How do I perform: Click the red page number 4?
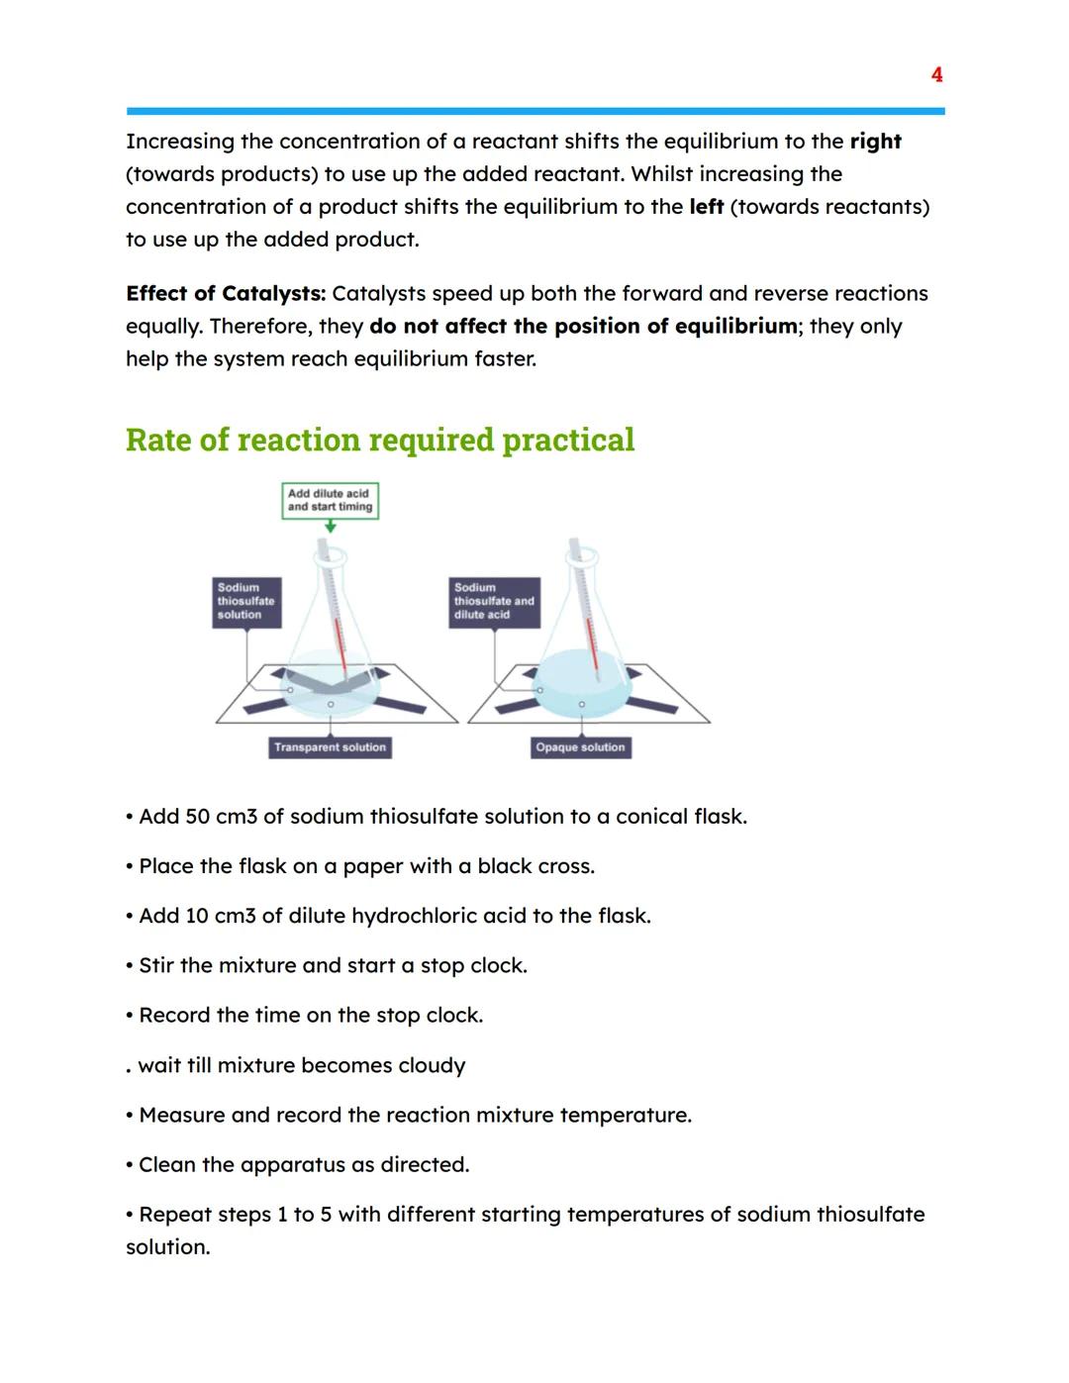[x=936, y=75]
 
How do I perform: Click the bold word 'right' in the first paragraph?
[x=875, y=142]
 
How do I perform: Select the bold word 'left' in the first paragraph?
[x=706, y=207]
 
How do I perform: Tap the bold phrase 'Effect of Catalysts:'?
[x=226, y=294]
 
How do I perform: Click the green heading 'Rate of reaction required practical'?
[x=380, y=440]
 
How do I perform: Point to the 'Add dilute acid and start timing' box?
[x=330, y=500]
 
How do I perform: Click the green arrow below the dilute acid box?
[x=331, y=527]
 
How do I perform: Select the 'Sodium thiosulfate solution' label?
[x=246, y=602]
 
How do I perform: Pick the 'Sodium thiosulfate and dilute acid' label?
[x=494, y=602]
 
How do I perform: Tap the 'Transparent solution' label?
[x=330, y=747]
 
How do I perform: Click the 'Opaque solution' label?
[x=580, y=747]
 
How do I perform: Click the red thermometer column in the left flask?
[x=340, y=648]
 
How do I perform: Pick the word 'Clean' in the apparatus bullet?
[x=167, y=1164]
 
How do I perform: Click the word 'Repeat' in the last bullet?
[x=172, y=1215]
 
